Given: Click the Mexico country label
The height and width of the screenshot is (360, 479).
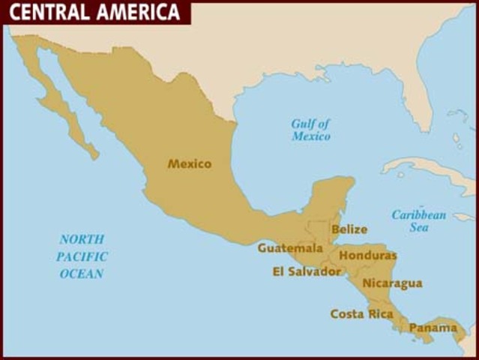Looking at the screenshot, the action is click(190, 163).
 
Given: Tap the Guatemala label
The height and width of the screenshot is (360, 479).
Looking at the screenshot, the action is click(290, 247).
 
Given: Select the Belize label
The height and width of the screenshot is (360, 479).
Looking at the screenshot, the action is click(349, 229).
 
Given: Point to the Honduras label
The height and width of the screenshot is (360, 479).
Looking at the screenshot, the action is click(368, 256).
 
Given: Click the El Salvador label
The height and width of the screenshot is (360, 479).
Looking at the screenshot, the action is click(307, 271).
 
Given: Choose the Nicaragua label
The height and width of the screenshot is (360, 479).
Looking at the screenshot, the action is click(392, 283).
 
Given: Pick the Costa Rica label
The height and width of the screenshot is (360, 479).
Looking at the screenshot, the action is click(361, 314).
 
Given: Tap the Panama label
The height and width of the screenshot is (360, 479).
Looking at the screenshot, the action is click(433, 328).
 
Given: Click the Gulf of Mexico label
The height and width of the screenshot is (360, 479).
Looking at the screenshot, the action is click(310, 130).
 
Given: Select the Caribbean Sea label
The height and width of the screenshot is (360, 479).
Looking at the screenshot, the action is click(418, 221).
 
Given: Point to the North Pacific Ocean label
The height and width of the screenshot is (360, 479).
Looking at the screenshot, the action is click(82, 256).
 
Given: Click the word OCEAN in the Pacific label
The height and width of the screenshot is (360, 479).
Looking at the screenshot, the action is click(82, 274).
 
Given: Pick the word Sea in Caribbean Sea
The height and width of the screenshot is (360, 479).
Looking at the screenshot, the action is click(418, 228).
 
